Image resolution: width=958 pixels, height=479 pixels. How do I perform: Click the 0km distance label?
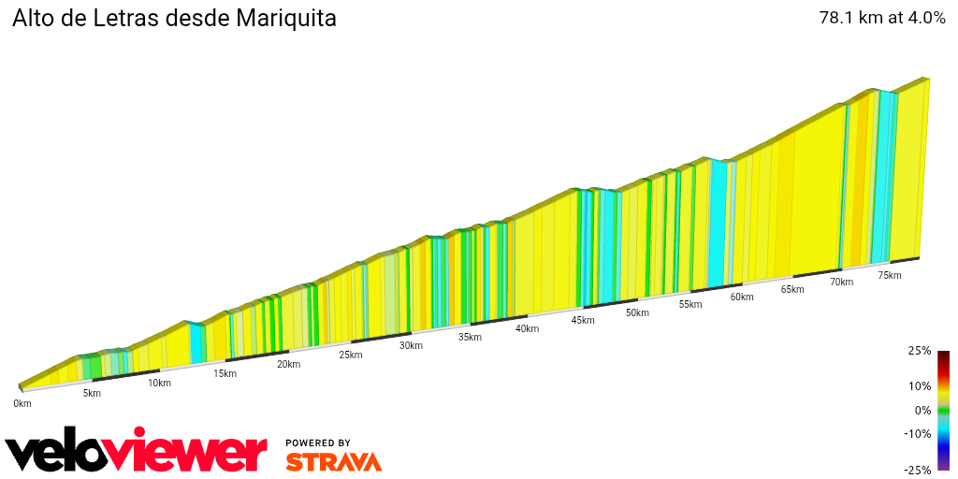pyautogui.click(x=22, y=404)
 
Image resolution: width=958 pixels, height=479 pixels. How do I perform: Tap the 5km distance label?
pyautogui.click(x=92, y=393)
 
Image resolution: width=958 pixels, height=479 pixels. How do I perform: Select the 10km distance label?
pyautogui.click(x=159, y=383)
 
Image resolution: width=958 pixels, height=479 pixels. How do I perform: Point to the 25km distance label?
pyautogui.click(x=351, y=355)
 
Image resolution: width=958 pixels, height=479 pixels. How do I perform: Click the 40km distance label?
pyautogui.click(x=527, y=328)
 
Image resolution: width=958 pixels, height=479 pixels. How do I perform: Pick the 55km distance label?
pyautogui.click(x=690, y=304)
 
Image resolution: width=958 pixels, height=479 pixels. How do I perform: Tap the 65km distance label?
pyautogui.click(x=792, y=289)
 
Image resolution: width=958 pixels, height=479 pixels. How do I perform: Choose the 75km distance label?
pyautogui.click(x=890, y=275)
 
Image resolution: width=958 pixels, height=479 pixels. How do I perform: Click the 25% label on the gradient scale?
pyautogui.click(x=920, y=351)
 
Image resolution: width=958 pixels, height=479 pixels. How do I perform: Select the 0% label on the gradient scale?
pyautogui.click(x=922, y=410)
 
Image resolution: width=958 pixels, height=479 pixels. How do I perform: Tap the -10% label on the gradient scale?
pyautogui.click(x=918, y=433)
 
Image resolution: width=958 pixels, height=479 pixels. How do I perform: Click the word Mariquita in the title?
pyautogui.click(x=287, y=19)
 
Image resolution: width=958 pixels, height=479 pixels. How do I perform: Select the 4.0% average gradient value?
pyautogui.click(x=926, y=18)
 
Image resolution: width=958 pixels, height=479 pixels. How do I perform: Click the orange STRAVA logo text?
pyautogui.click(x=333, y=461)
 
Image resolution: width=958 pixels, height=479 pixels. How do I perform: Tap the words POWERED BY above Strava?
pyautogui.click(x=318, y=443)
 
